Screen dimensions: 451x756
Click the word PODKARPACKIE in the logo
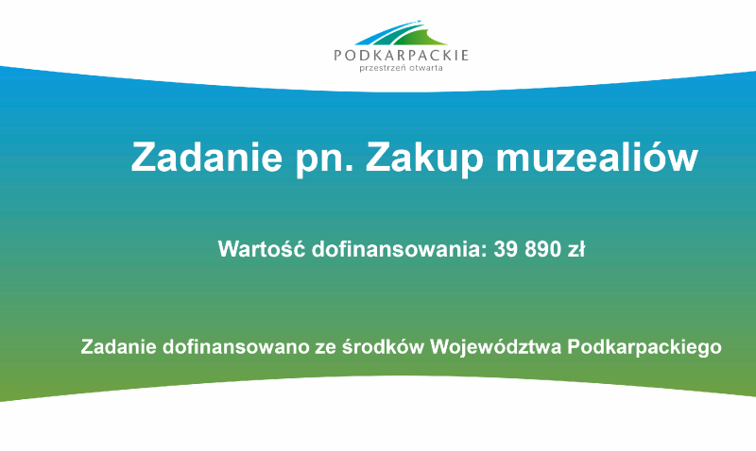click(402, 56)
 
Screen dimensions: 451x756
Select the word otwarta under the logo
click(426, 68)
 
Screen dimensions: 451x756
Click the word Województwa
click(497, 346)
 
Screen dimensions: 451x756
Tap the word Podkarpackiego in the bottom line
click(646, 347)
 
